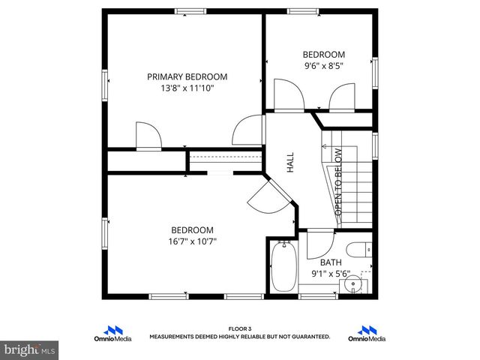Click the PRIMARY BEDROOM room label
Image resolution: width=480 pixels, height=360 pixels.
(187, 76)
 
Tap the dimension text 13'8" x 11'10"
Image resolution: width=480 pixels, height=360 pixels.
(187, 88)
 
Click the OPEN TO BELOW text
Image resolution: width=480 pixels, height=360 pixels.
(338, 182)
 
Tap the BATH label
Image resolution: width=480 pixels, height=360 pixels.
(331, 262)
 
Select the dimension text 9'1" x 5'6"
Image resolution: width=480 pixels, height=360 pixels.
(331, 274)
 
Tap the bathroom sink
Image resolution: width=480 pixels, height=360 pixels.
(353, 285)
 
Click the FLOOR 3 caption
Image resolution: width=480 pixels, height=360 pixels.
(240, 328)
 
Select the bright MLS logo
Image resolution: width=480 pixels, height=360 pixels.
(30, 349)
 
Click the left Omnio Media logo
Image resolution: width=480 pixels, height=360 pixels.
(116, 332)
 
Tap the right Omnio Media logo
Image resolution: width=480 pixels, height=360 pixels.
(367, 332)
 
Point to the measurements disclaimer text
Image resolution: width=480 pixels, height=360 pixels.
(240, 337)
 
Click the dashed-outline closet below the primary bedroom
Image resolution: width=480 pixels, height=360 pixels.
(224, 160)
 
